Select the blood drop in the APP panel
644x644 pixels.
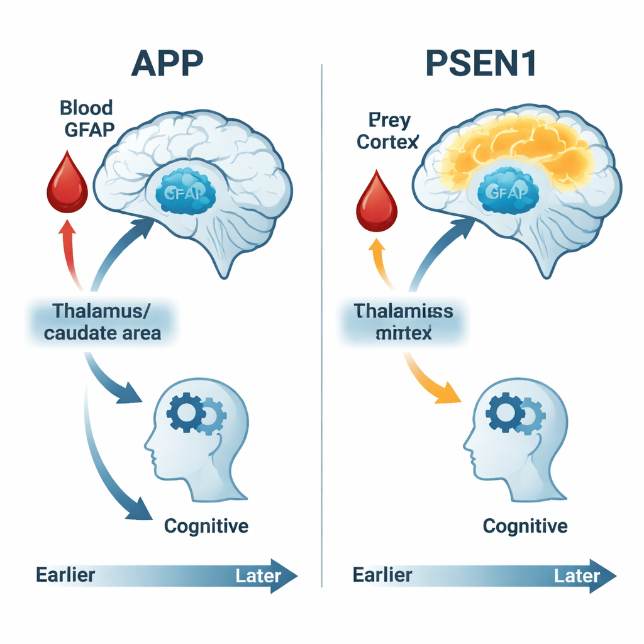(x=67, y=183)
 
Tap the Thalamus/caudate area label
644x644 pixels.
(x=103, y=321)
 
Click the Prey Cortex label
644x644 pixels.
(x=387, y=131)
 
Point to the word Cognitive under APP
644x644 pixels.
(x=206, y=525)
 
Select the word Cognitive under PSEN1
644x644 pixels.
(x=525, y=525)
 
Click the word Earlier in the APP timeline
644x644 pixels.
(x=66, y=575)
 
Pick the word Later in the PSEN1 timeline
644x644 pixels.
(x=577, y=575)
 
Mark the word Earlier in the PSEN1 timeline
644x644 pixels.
(x=382, y=575)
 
